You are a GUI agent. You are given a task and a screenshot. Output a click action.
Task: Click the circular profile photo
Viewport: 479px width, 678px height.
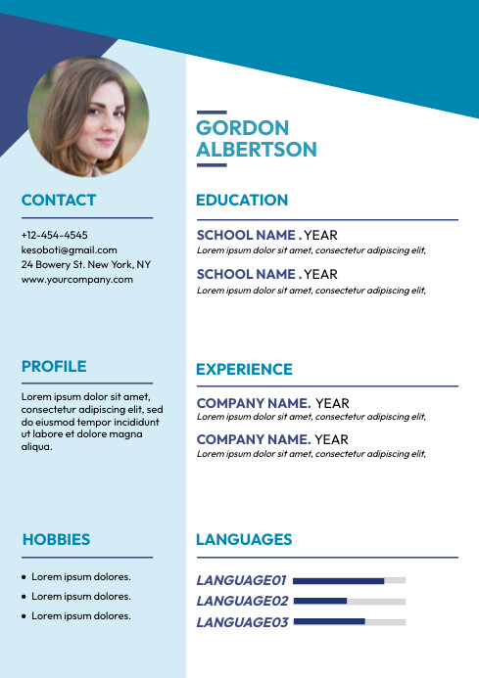[88, 116]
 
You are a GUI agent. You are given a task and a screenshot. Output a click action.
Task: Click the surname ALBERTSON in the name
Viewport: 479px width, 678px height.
[257, 150]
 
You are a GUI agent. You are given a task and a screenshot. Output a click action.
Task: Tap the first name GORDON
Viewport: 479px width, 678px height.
[243, 128]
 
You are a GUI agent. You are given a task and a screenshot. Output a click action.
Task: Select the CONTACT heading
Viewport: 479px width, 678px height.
[59, 201]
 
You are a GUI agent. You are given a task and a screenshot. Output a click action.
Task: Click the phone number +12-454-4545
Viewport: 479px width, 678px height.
[54, 235]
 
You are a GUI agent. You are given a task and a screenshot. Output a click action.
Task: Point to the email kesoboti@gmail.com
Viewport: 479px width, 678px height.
[69, 249]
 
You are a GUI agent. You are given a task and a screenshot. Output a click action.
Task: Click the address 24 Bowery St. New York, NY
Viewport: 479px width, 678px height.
[86, 264]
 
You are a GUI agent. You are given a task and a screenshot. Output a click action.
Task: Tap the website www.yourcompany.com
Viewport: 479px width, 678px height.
[76, 279]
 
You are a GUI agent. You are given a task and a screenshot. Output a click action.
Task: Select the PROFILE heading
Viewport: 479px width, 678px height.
[54, 367]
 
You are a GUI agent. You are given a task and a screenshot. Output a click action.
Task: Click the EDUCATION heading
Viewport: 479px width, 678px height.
[242, 201]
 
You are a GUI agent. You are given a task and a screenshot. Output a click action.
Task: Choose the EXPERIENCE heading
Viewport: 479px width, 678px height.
[244, 370]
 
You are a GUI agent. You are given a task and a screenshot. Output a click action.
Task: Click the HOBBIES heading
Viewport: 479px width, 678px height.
[56, 539]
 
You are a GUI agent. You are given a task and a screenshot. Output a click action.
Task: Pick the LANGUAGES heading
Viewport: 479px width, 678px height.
[244, 539]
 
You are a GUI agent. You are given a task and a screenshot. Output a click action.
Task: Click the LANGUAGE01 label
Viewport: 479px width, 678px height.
[241, 580]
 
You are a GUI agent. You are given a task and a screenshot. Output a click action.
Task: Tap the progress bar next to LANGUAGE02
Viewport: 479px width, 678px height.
[349, 601]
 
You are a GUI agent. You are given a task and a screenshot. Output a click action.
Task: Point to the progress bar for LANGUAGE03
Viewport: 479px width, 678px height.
[349, 621]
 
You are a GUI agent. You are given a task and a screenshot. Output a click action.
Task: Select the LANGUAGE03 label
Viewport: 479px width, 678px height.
[242, 622]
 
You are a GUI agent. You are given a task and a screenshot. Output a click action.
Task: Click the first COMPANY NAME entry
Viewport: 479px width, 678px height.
[254, 403]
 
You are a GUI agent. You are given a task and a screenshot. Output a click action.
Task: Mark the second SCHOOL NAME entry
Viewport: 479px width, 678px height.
[246, 274]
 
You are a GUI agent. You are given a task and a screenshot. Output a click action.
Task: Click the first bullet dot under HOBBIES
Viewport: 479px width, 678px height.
[24, 577]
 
